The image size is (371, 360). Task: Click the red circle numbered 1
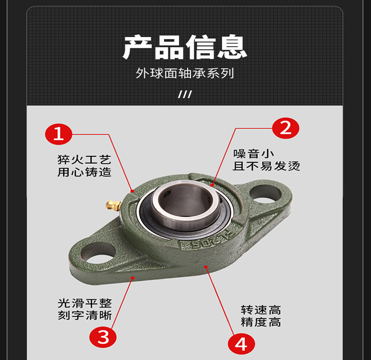pyautogui.click(x=58, y=134)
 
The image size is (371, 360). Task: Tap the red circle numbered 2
pyautogui.click(x=286, y=128)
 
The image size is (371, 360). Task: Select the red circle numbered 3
pyautogui.click(x=103, y=337)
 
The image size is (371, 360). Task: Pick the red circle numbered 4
pyautogui.click(x=241, y=344)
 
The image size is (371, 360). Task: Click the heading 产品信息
pyautogui.click(x=185, y=47)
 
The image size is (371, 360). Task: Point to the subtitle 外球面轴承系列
pyautogui.click(x=185, y=73)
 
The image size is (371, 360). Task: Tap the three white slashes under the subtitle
pyautogui.click(x=185, y=94)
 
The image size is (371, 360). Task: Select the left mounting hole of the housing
pyautogui.click(x=98, y=253)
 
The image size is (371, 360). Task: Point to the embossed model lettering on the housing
pyautogui.click(x=209, y=239)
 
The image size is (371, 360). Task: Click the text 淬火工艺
pyautogui.click(x=84, y=160)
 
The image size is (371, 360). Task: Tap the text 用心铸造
pyautogui.click(x=84, y=172)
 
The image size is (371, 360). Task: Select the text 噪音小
pyautogui.click(x=254, y=154)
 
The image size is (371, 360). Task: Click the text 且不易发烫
pyautogui.click(x=266, y=166)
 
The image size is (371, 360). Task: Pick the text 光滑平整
pyautogui.click(x=85, y=303)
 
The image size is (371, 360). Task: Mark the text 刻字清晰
pyautogui.click(x=85, y=315)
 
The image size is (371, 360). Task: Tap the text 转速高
pyautogui.click(x=261, y=310)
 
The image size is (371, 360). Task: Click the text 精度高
pyautogui.click(x=261, y=322)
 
